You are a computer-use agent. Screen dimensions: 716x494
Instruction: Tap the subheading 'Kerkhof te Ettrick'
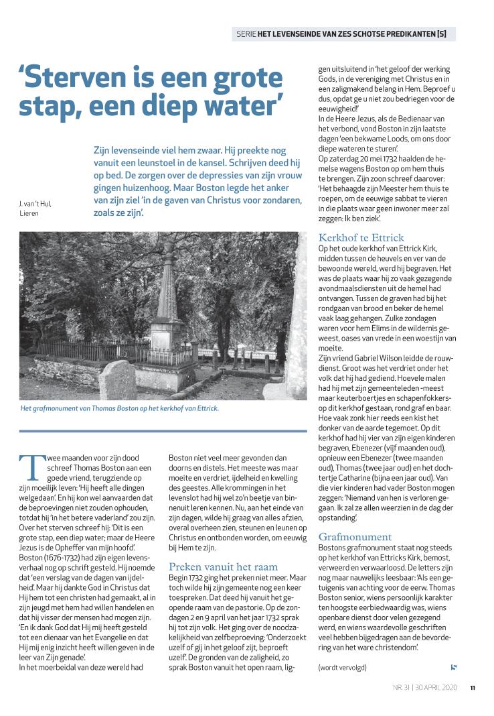[x=361, y=237]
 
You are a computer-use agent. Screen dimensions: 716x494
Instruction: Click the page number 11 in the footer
[x=472, y=687]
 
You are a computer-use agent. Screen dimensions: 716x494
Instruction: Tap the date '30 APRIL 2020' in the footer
[x=437, y=687]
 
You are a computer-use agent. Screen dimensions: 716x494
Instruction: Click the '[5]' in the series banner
[x=444, y=34]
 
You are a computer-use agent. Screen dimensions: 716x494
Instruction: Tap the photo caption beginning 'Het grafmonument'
[x=120, y=408]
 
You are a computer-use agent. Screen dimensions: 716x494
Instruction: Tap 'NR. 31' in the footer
[x=401, y=687]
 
